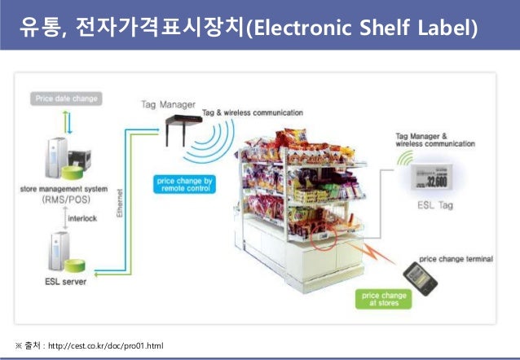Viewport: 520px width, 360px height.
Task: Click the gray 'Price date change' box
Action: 67,99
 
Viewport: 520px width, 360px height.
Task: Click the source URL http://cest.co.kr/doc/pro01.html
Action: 106,346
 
